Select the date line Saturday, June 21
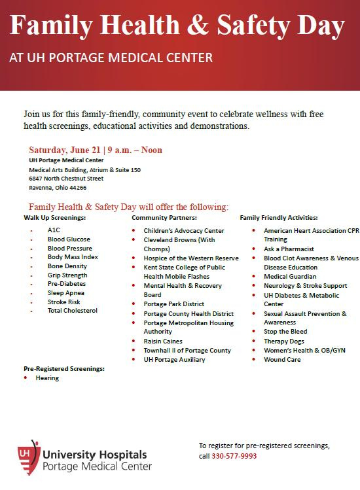tap(96, 150)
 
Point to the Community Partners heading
tap(164, 217)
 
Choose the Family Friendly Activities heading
tap(279, 217)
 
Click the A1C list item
tap(53, 230)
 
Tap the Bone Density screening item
tap(67, 267)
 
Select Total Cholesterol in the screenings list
tap(72, 311)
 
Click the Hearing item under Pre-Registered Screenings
tap(47, 378)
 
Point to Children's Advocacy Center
tap(184, 231)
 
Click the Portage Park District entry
tap(174, 304)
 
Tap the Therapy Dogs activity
tap(285, 341)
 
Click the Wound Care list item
tap(282, 359)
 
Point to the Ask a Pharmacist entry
tap(289, 249)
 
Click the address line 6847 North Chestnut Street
tap(66, 178)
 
